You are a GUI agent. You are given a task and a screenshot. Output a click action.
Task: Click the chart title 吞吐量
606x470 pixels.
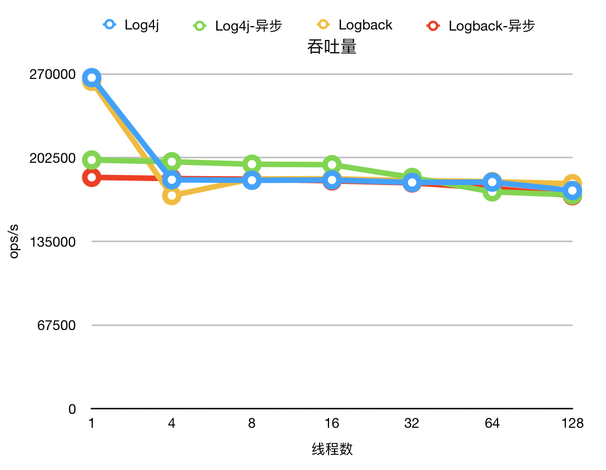click(331, 47)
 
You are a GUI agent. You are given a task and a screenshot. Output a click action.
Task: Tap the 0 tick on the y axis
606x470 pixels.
click(72, 409)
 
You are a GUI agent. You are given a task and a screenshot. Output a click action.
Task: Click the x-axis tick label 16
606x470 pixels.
click(332, 424)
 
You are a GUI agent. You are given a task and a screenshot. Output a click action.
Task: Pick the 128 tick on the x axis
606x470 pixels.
click(572, 424)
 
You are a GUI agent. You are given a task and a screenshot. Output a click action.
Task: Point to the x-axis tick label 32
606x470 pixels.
click(412, 424)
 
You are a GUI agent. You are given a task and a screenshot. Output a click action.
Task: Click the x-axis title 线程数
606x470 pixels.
click(332, 449)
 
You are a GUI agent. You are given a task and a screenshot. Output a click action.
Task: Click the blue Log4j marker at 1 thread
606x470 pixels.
click(92, 78)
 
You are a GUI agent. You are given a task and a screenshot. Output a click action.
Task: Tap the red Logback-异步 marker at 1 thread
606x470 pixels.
click(92, 178)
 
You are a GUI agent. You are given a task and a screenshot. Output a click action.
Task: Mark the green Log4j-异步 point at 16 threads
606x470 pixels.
click(332, 164)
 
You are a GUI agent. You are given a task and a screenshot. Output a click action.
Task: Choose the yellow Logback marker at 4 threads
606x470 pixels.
click(172, 196)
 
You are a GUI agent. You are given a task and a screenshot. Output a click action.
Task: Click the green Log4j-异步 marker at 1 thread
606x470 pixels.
click(92, 160)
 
